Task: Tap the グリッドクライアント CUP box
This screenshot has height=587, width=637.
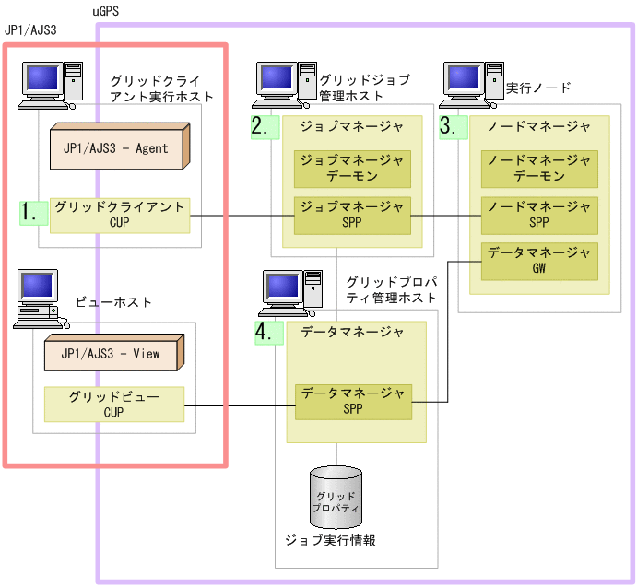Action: click(x=120, y=216)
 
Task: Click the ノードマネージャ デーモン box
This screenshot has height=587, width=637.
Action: click(x=539, y=169)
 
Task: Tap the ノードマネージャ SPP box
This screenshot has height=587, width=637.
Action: click(x=539, y=216)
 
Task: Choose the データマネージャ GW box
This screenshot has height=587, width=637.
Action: click(x=539, y=262)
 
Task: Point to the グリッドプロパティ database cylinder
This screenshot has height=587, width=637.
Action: click(x=336, y=495)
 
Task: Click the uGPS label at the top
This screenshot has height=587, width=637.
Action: click(x=106, y=11)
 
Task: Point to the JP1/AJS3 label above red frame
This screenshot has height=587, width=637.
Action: click(x=30, y=30)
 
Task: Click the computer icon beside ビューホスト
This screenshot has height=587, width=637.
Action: click(x=41, y=299)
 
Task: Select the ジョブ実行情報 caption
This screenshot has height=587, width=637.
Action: click(x=331, y=540)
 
